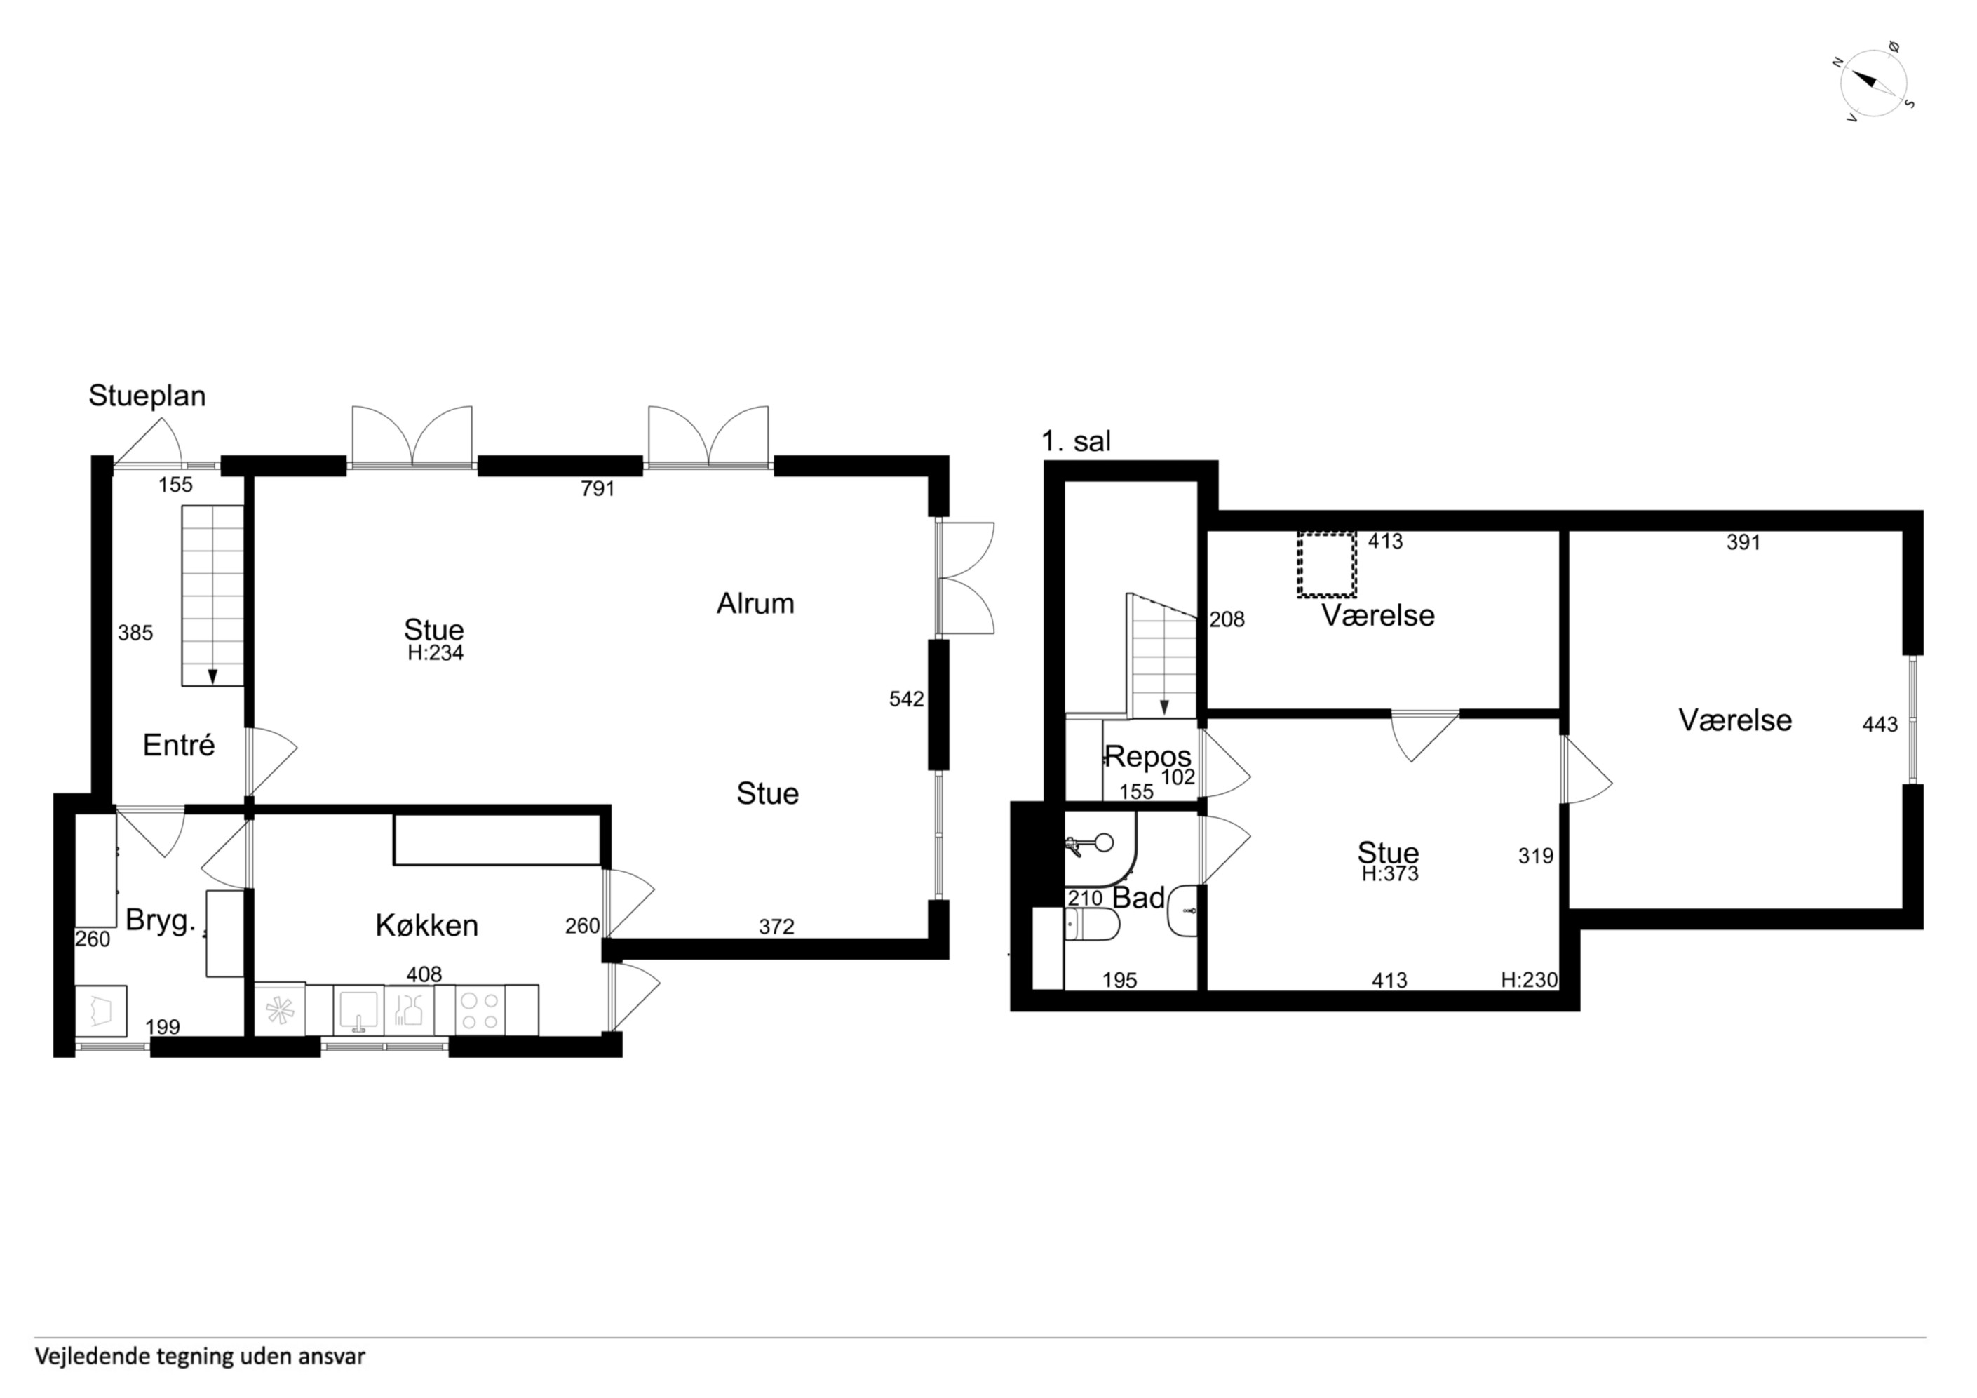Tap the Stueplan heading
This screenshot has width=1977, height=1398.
[147, 396]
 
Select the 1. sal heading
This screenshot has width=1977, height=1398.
[1076, 441]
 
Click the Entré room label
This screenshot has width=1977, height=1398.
[179, 745]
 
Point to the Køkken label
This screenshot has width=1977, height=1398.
[426, 925]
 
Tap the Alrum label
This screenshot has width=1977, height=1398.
[755, 604]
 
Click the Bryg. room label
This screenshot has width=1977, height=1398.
[160, 921]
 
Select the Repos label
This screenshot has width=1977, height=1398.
[1148, 756]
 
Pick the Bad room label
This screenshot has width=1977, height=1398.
[1138, 898]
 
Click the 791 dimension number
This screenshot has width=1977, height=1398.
[598, 489]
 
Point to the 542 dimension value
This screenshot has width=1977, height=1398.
[906, 699]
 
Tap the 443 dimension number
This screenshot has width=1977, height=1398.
[1880, 725]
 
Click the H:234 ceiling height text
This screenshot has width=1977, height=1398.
[436, 654]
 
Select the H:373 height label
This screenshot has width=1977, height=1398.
[1390, 873]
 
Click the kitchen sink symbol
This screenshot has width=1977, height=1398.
[358, 1009]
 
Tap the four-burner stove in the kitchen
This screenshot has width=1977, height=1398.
[479, 1009]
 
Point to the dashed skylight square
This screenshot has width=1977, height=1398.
[1327, 565]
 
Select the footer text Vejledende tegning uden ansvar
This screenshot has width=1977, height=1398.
[200, 1357]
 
